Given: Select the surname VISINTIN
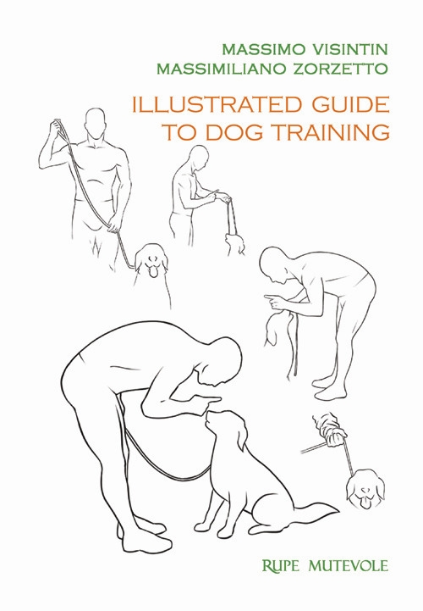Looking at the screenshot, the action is pos(350,50).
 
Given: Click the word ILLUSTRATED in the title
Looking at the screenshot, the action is pos(217,105).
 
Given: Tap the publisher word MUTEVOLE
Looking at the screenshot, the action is pos(349,565).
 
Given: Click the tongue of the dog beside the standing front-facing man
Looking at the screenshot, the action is pos(154,271).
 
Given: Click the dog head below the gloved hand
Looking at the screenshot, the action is pos(365,489).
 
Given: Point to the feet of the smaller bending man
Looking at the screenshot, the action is pos(329,388).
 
